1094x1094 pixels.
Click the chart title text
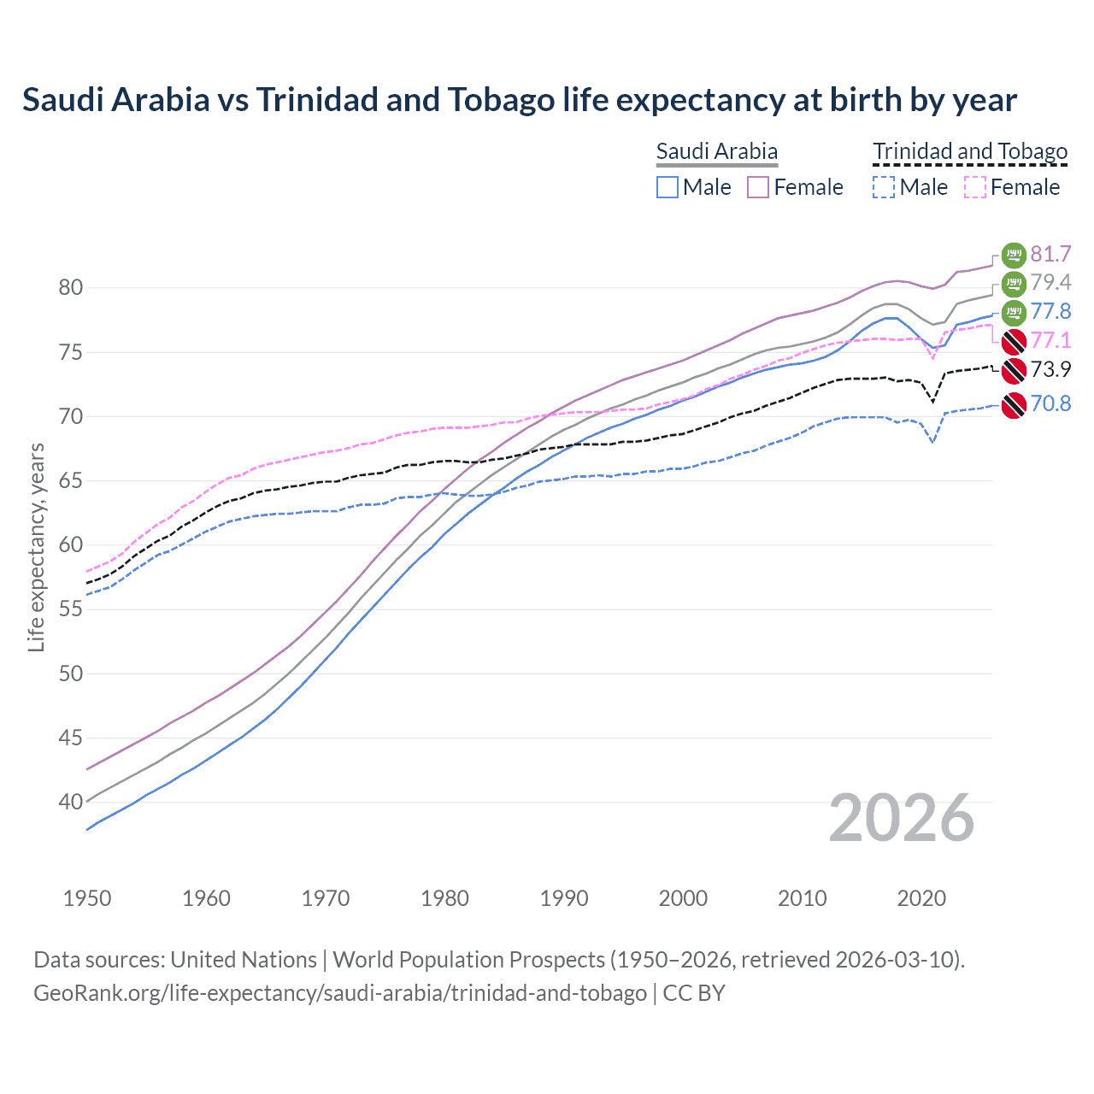pyautogui.click(x=519, y=100)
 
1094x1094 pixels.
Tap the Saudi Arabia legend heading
pyautogui.click(x=716, y=151)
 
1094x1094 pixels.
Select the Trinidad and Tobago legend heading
pyautogui.click(x=969, y=151)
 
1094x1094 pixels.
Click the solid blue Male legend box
pyautogui.click(x=668, y=187)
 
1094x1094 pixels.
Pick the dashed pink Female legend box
pyautogui.click(x=975, y=187)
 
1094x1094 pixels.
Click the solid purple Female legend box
pyautogui.click(x=758, y=187)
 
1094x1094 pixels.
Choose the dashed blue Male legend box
pyautogui.click(x=884, y=187)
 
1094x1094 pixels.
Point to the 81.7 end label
pyautogui.click(x=1050, y=255)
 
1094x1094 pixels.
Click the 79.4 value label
pyautogui.click(x=1050, y=283)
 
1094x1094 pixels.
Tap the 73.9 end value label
pyautogui.click(x=1050, y=369)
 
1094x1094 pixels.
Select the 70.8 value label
pyautogui.click(x=1050, y=403)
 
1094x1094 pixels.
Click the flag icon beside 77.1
pyautogui.click(x=1014, y=341)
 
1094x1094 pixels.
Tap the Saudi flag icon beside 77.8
pyautogui.click(x=1014, y=312)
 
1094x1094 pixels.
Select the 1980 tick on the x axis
pyautogui.click(x=444, y=898)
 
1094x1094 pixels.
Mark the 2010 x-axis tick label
pyautogui.click(x=802, y=898)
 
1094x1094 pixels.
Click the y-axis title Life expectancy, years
pyautogui.click(x=36, y=547)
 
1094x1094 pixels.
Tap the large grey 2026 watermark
pyautogui.click(x=901, y=819)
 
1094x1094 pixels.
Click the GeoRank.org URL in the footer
pyautogui.click(x=340, y=993)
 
